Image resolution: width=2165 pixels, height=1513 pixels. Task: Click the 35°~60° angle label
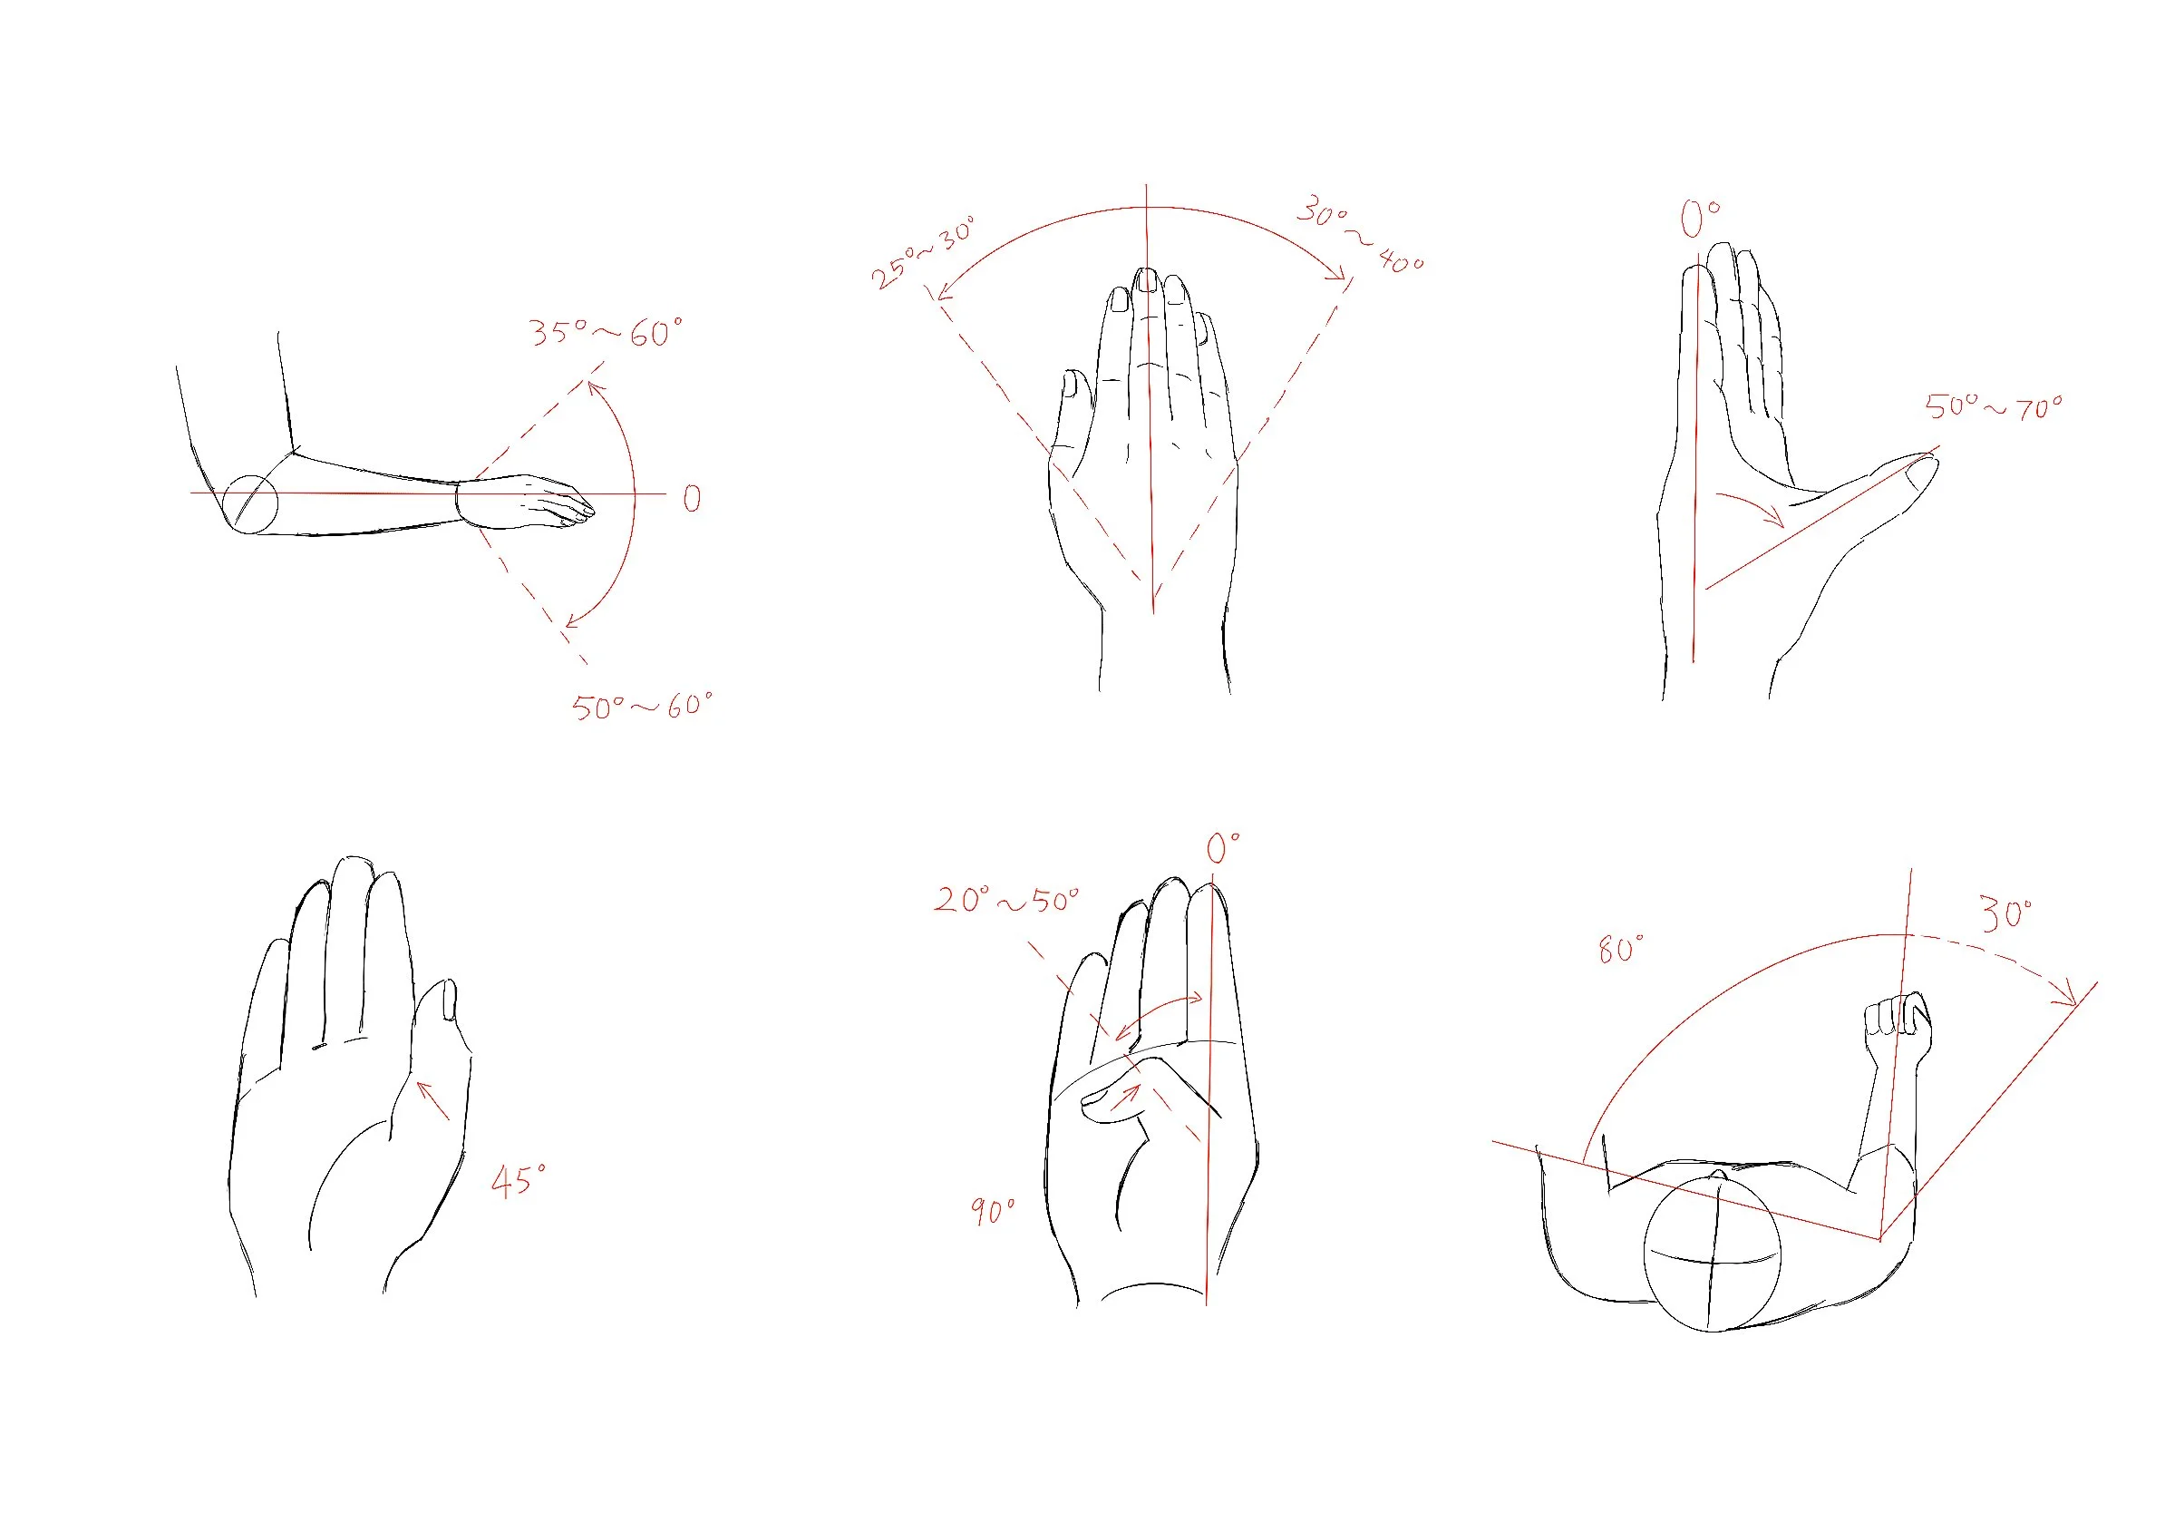[x=606, y=332]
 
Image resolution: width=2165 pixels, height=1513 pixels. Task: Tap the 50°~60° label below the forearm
[x=642, y=706]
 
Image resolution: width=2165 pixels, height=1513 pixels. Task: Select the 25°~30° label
[x=923, y=252]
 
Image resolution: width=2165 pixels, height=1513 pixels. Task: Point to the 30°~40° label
[x=1360, y=234]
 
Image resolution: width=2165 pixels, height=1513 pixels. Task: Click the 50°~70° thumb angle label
[x=1994, y=407]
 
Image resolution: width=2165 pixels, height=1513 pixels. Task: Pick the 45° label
[x=518, y=1181]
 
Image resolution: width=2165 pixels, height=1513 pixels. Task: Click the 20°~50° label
[x=1006, y=900]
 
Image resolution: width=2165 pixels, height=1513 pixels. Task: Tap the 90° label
[x=994, y=1210]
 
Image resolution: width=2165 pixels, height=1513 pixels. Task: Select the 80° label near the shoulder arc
[x=1620, y=949]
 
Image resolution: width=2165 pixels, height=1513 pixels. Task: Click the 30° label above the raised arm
[x=2005, y=914]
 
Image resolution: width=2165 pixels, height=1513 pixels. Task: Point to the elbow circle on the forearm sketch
[x=250, y=503]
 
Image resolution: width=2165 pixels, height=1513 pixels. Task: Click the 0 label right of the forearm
[x=691, y=498]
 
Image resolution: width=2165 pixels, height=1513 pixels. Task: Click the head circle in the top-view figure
[x=1712, y=1251]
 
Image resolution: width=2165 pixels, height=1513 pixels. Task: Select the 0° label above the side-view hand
[x=1699, y=219]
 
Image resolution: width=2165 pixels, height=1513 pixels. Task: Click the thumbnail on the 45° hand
[x=449, y=1000]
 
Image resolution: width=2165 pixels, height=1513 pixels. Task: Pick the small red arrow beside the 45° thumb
[x=432, y=1101]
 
